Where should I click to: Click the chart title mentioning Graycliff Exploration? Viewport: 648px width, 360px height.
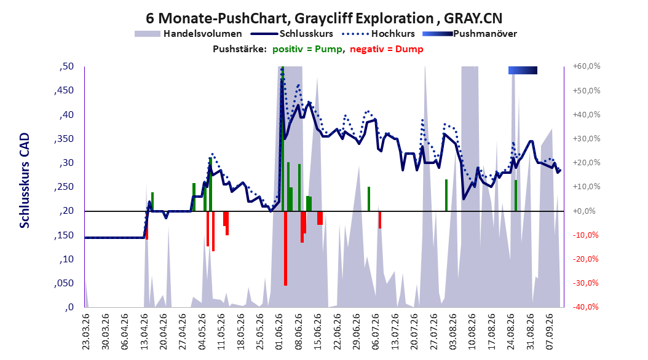click(324, 18)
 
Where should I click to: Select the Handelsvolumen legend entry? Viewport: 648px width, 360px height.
click(188, 34)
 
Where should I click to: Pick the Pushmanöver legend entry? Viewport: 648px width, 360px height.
click(470, 34)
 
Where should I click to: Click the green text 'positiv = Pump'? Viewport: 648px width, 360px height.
click(307, 49)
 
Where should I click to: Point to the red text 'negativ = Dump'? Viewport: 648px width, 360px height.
click(387, 49)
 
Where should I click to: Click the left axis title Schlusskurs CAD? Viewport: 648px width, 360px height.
click(25, 181)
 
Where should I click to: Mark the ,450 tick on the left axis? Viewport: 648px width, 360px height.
click(64, 90)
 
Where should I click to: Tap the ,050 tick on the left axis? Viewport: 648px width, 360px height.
click(64, 283)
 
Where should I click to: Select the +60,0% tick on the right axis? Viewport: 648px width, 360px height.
click(587, 66)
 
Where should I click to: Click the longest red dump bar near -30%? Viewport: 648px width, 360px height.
click(285, 248)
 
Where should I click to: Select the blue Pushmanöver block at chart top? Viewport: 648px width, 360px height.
click(523, 70)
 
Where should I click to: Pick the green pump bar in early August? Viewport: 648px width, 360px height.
click(446, 195)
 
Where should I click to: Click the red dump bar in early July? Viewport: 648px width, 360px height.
click(380, 220)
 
